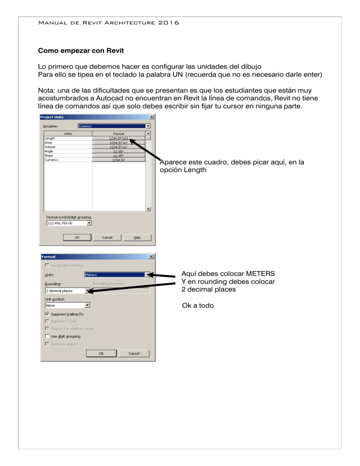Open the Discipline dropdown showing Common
(114, 126)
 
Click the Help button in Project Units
(137, 237)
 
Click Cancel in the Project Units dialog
(107, 237)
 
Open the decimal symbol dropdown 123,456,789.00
(69, 223)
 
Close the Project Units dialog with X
(151, 117)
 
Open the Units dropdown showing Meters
(119, 275)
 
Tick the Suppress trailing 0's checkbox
(48, 314)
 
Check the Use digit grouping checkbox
(48, 336)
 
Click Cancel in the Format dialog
(134, 353)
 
